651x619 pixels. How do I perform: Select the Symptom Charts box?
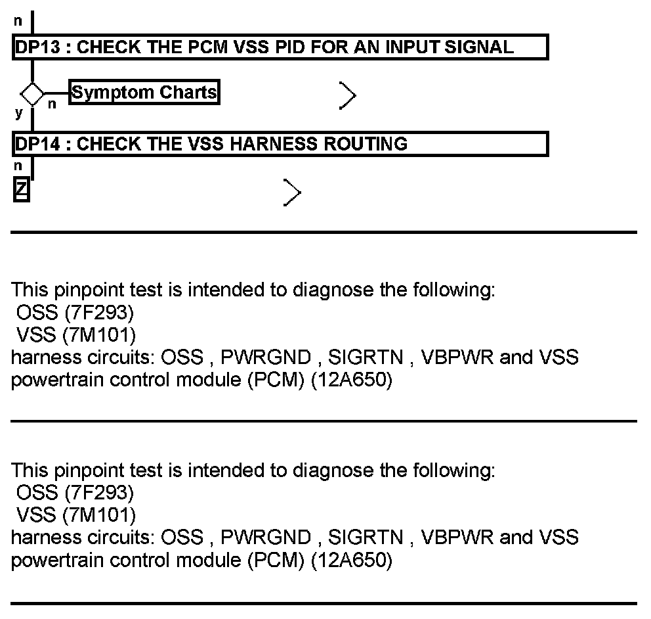point(144,93)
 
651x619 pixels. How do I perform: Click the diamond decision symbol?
point(32,93)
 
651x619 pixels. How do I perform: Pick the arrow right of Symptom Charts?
point(348,96)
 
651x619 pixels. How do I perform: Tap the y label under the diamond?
point(18,113)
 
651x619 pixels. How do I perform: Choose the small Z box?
point(22,190)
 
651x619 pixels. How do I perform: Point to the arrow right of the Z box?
point(293,193)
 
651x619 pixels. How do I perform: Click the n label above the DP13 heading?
point(18,21)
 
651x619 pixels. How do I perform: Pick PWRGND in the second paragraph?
point(266,538)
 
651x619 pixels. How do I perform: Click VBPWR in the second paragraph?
point(457,538)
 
